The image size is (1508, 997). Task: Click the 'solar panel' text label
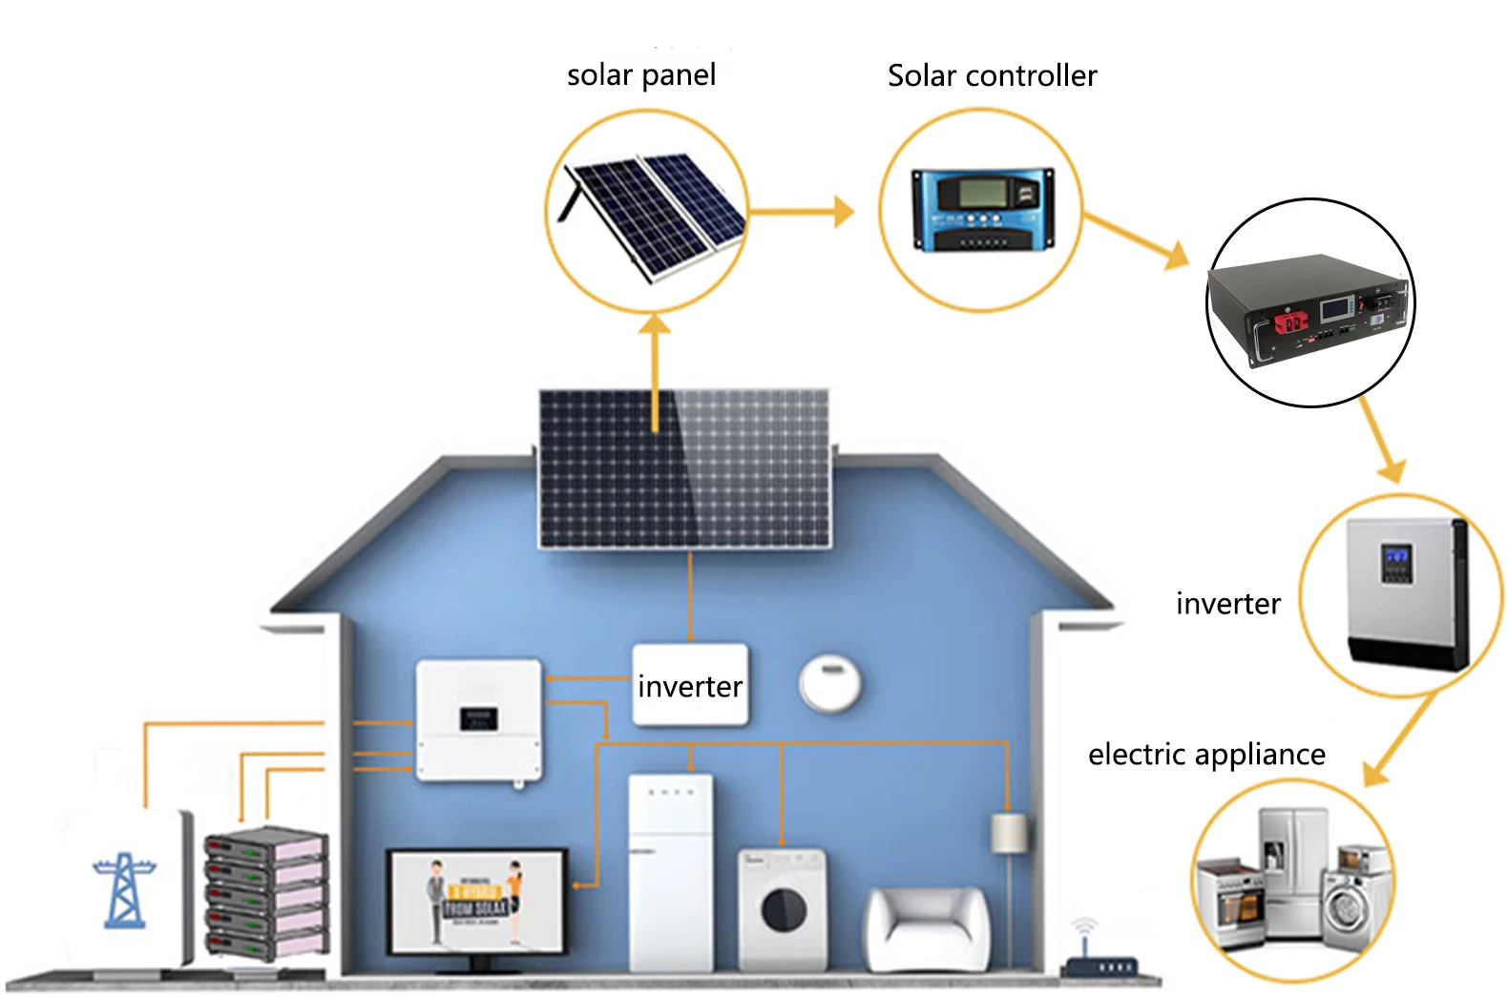(640, 75)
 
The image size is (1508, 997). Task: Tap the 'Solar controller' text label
(992, 76)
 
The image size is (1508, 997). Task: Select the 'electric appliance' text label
(1206, 755)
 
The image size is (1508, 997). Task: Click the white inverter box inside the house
(690, 685)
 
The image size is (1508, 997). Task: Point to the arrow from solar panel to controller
(802, 212)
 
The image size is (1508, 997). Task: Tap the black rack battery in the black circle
(1308, 305)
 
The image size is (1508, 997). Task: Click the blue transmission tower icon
(124, 889)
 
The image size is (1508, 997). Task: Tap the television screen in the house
(476, 900)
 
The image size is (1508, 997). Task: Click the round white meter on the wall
(829, 683)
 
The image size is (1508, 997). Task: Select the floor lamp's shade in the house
(1008, 833)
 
